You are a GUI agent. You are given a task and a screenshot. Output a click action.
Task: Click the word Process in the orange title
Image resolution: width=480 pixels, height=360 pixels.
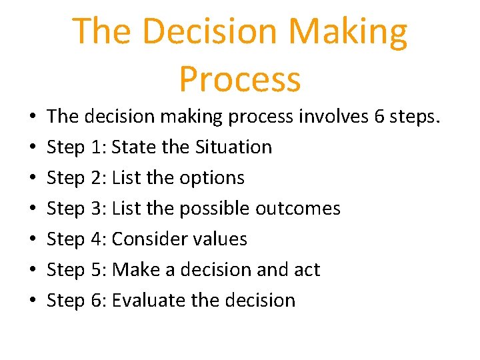(x=240, y=79)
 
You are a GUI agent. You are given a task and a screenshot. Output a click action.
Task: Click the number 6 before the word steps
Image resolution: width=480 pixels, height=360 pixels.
(x=379, y=117)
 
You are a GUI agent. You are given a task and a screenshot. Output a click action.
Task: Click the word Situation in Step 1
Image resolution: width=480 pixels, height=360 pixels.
(x=233, y=147)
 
